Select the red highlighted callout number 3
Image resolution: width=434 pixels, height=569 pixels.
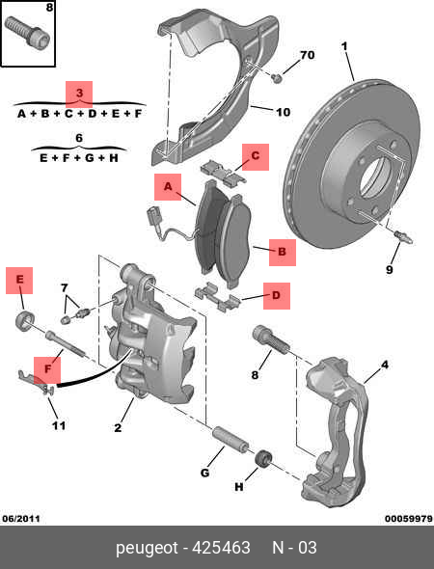pos(79,93)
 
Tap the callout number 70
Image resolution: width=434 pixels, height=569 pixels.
pos(307,55)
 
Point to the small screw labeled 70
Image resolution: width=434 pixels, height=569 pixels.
pos(277,77)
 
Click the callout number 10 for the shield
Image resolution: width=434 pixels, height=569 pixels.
pos(283,112)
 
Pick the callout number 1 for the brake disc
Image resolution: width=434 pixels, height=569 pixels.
pos(344,46)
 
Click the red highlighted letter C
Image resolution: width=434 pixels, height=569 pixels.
pos(256,156)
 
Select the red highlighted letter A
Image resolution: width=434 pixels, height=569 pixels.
pos(168,186)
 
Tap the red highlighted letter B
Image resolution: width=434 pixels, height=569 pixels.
pos(282,252)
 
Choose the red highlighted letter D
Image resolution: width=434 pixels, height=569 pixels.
pos(277,295)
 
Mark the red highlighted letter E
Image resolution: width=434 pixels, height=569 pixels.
pos(19,280)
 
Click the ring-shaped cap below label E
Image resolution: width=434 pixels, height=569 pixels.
pos(25,320)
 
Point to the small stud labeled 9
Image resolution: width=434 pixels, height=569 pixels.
pos(403,236)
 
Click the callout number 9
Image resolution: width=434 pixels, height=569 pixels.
pos(389,270)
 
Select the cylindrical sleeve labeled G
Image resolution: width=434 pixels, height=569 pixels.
pos(231,439)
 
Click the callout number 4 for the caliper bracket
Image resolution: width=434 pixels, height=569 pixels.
pos(384,365)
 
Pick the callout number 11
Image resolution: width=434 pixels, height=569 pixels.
pos(59,425)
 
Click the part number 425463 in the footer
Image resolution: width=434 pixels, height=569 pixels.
pos(221,548)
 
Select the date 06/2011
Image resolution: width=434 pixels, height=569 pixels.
pos(21,519)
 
